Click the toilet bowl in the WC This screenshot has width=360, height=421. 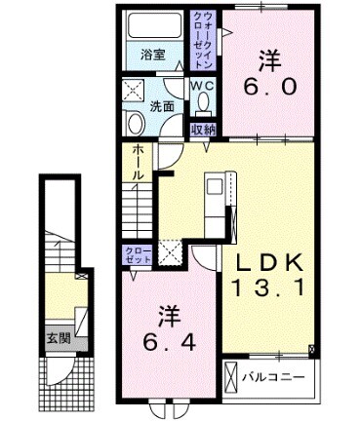202,103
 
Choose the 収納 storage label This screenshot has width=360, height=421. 202,129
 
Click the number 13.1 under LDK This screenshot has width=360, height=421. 270,287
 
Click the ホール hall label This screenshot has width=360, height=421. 138,162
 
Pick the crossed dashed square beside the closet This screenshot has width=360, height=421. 170,252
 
